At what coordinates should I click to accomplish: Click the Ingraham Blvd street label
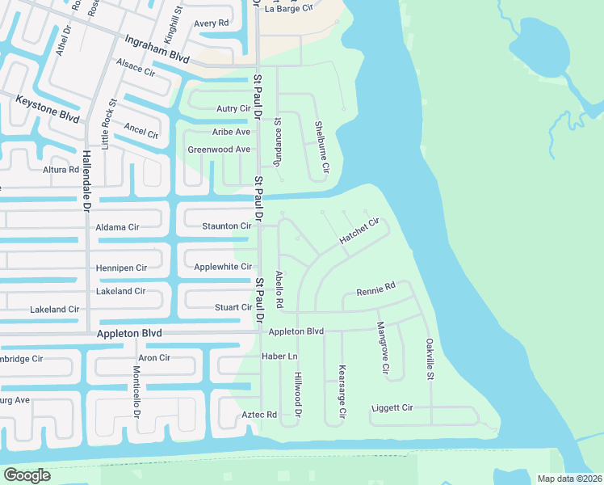point(157,49)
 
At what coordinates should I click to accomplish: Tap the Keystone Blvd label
point(48,108)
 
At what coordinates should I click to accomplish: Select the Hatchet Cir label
point(359,231)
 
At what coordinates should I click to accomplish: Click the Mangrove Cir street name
point(382,348)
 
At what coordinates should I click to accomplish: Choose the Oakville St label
point(430,360)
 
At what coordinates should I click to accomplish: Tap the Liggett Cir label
point(392,408)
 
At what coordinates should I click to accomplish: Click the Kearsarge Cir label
point(342,391)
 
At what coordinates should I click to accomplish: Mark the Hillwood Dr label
point(297,395)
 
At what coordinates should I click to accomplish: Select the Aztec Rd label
point(259,415)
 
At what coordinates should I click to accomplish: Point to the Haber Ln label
point(279,356)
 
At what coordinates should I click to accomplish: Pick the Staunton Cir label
point(226,227)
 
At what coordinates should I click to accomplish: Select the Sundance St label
point(278,139)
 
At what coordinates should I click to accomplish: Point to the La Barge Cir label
point(288,7)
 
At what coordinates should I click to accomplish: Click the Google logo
point(26,475)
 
